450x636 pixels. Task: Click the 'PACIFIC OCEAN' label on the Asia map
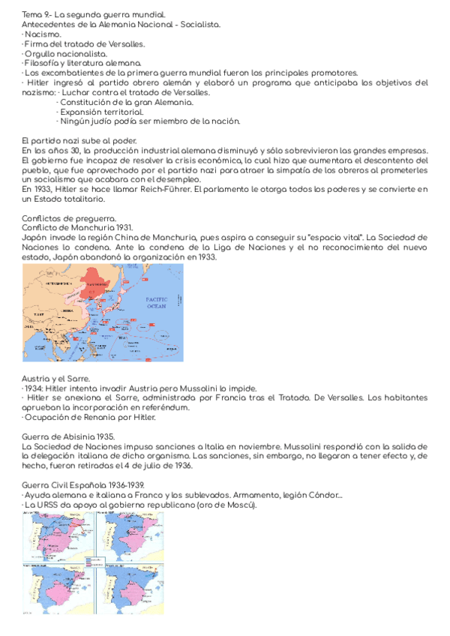(157, 304)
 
